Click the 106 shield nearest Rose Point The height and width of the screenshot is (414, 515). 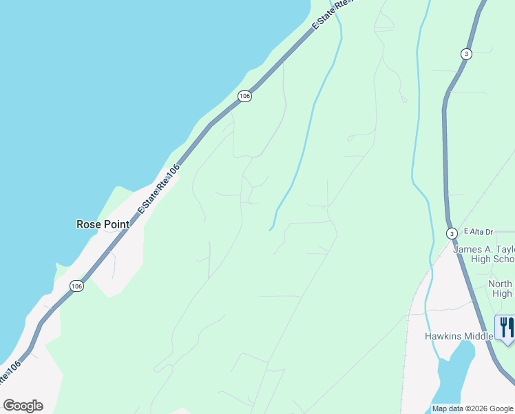point(76,286)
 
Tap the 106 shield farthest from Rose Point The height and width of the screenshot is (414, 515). point(244,96)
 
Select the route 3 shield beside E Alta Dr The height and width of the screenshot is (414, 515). point(451,233)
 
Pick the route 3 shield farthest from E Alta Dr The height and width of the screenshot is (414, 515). point(466,54)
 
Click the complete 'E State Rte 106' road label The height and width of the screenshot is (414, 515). point(158,188)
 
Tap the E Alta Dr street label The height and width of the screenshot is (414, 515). point(479,232)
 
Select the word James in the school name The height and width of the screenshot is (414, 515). point(469,250)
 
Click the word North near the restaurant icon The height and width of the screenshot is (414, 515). point(501,284)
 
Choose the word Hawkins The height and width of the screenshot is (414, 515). point(444,336)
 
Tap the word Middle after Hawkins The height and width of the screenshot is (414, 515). point(481,336)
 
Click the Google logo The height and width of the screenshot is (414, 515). point(23,406)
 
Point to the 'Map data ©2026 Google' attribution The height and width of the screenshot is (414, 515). point(472,408)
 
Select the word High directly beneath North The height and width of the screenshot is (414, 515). point(503,293)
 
